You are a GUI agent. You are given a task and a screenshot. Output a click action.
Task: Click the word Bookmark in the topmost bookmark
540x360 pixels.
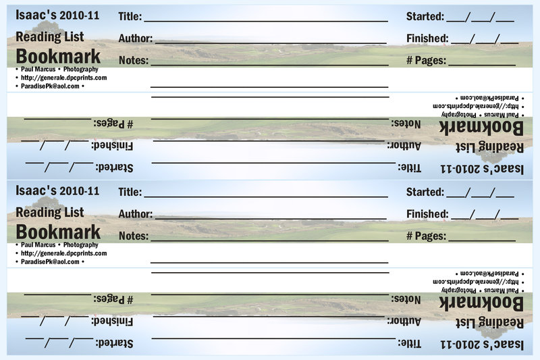[58, 57]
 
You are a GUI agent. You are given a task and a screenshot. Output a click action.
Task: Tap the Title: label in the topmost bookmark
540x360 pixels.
[130, 16]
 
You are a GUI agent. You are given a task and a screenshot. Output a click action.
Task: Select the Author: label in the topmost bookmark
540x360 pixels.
[136, 38]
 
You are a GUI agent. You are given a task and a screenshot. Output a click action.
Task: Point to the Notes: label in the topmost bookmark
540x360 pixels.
[134, 60]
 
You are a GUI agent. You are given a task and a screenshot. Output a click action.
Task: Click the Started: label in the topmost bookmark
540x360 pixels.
[425, 16]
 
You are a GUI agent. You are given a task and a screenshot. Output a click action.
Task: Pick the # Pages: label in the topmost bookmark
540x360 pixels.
[427, 60]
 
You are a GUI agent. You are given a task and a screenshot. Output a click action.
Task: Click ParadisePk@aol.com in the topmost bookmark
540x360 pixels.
[50, 86]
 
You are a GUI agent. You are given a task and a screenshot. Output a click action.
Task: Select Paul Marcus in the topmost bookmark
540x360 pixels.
[38, 70]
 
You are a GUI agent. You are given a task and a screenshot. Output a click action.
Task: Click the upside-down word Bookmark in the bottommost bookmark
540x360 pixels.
[481, 303]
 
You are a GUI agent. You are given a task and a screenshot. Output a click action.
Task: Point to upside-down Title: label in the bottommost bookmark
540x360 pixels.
[410, 343]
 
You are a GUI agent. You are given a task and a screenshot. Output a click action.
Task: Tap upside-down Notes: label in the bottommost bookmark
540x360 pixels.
[406, 299]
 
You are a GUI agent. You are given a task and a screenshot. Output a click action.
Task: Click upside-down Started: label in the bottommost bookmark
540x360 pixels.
[114, 343]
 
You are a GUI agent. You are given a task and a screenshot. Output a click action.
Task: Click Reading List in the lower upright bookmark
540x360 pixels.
[50, 212]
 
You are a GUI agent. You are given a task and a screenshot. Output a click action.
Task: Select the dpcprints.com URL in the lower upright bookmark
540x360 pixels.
[63, 253]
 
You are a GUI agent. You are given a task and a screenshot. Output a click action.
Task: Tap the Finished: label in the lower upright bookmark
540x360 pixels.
[427, 214]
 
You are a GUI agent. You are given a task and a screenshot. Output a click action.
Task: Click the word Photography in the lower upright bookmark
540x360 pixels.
[81, 245]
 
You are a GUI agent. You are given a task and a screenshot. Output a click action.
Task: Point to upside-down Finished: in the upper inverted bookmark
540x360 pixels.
[112, 146]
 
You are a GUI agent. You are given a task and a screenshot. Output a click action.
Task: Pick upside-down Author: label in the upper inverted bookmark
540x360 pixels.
[404, 146]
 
